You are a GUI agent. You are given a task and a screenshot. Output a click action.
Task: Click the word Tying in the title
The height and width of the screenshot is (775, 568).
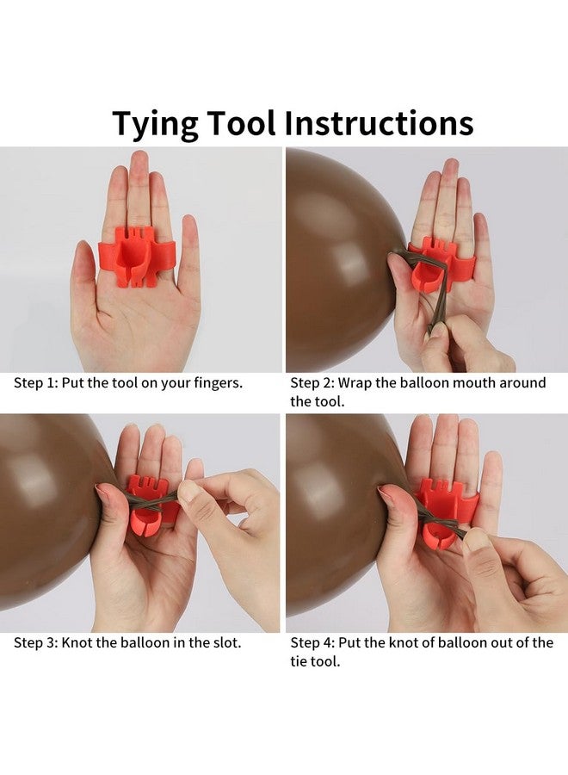coord(155,123)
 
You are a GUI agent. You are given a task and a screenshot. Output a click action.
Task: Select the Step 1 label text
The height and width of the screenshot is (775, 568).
coord(35,383)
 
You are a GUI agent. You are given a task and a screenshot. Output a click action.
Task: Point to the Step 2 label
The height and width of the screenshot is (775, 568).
coord(312,383)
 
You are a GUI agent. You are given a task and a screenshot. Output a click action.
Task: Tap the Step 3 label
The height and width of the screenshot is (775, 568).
coord(35,642)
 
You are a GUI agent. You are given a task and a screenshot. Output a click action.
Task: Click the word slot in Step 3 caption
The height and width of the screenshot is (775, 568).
coord(226,642)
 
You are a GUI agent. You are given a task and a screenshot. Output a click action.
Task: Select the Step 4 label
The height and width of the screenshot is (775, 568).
coord(312,642)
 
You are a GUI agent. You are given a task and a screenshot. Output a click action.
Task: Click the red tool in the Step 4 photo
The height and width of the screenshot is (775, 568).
coord(442,514)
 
